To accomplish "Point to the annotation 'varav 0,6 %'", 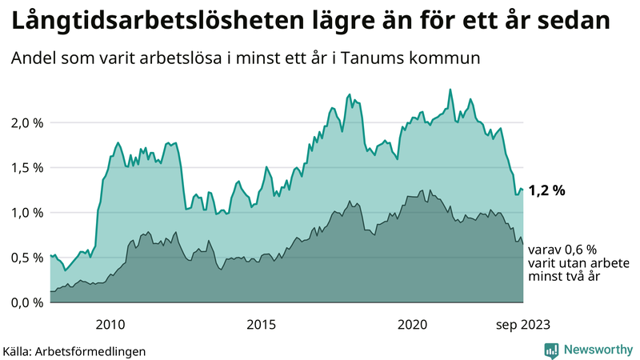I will [562, 250].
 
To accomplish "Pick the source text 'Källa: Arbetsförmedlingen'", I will [74, 350].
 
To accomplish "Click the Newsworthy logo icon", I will [551, 350].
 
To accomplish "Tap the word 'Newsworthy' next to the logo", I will [597, 350].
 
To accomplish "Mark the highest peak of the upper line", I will [450, 90].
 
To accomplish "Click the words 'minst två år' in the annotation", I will [563, 277].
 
